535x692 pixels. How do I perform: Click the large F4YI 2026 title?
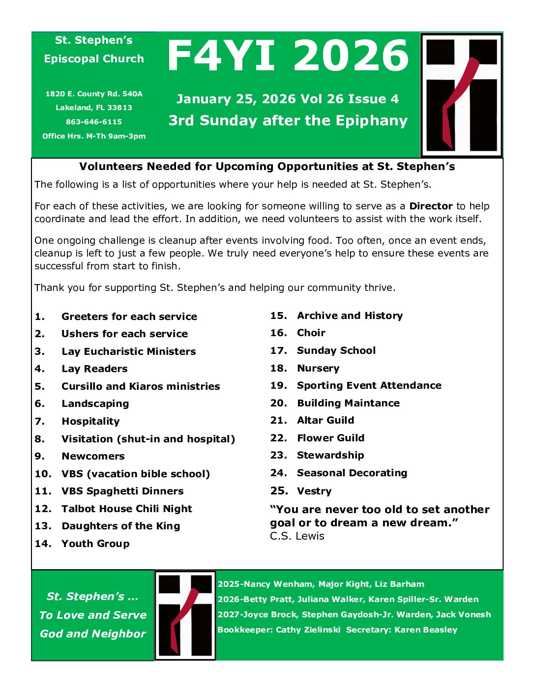tap(288, 56)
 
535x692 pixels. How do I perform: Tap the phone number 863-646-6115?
tap(94, 122)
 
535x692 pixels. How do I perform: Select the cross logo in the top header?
tap(461, 95)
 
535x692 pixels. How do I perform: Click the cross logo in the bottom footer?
tap(185, 615)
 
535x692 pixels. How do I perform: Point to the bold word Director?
tap(431, 206)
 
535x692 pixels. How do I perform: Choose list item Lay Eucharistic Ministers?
tap(128, 351)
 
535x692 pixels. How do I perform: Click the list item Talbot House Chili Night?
tap(126, 509)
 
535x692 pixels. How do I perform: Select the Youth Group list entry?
tap(95, 544)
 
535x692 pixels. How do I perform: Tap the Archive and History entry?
tap(350, 316)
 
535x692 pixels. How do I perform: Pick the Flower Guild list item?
tap(330, 438)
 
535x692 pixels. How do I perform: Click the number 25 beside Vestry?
tap(279, 490)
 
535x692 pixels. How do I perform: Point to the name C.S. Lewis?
tap(297, 536)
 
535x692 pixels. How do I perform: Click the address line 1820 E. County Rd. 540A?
tap(94, 94)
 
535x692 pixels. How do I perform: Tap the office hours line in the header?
tap(94, 136)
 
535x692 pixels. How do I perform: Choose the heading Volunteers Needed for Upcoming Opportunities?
tap(267, 167)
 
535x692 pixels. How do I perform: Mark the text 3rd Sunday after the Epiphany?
tap(288, 120)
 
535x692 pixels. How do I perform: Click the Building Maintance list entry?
tap(348, 403)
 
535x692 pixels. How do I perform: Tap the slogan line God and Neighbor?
tap(93, 634)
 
